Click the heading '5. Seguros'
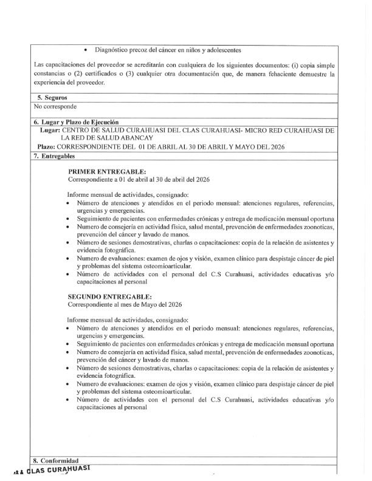pyautogui.click(x=51, y=98)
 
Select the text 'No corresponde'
pyautogui.click(x=55, y=107)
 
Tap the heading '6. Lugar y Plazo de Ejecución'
pyautogui.click(x=76, y=122)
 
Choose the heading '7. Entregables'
pyautogui.click(x=58, y=156)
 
